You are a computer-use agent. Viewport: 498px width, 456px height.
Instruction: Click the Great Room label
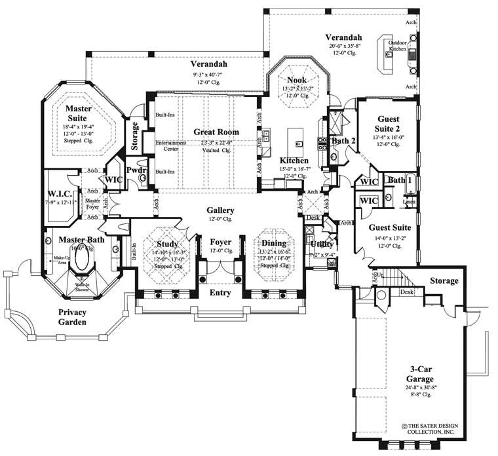coord(216,132)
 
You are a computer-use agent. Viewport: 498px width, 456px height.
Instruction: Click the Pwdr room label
coord(136,170)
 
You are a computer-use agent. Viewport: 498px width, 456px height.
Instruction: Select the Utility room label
coord(322,244)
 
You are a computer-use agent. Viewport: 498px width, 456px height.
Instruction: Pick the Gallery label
coord(220,210)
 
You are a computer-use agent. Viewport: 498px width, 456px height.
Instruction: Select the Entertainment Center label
coord(171,145)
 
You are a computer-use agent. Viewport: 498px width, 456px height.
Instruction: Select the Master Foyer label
coord(92,204)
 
